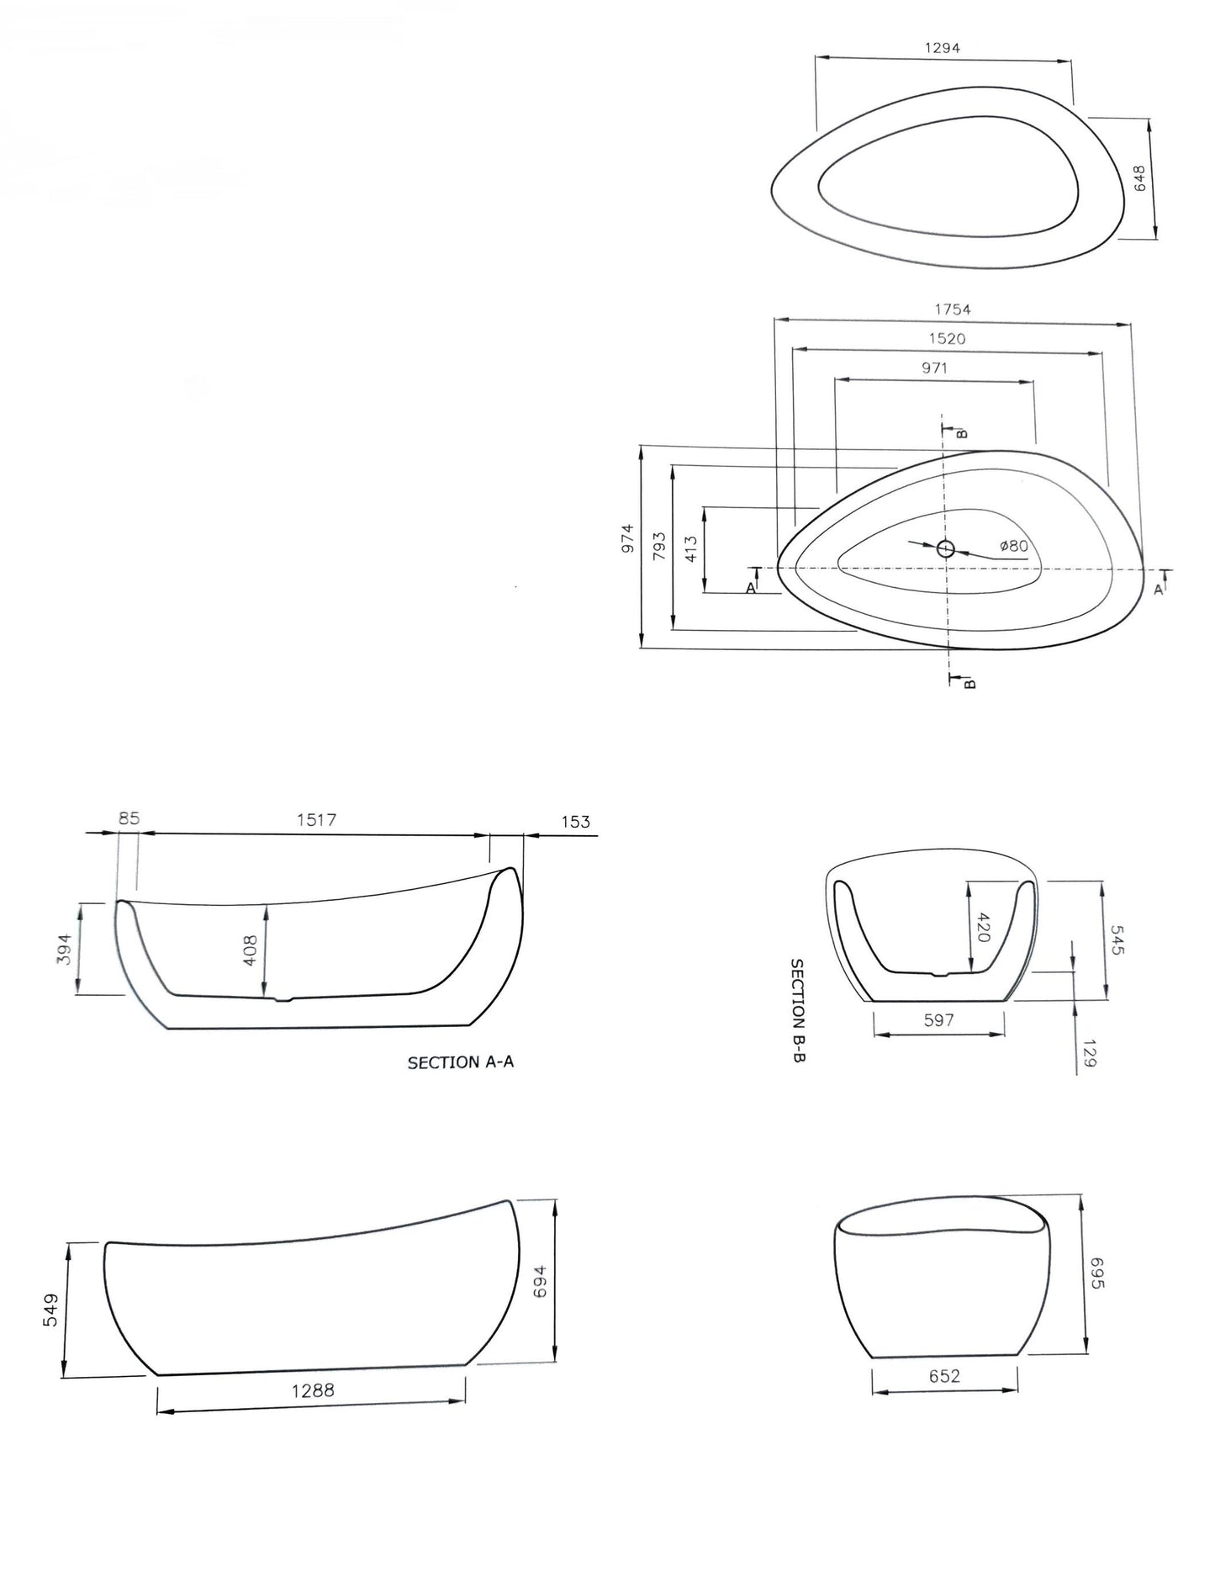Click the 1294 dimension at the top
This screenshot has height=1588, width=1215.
click(x=942, y=48)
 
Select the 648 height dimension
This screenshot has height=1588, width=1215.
click(x=1140, y=178)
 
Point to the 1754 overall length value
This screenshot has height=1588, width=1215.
click(x=952, y=310)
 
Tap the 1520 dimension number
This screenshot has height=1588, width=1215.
click(x=947, y=339)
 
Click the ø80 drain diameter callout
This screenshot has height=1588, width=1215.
click(x=1014, y=546)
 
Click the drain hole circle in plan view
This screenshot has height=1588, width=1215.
click(x=946, y=549)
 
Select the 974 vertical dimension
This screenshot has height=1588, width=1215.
click(x=627, y=538)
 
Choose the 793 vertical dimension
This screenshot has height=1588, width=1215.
click(x=659, y=546)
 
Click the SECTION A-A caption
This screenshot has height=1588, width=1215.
click(x=460, y=1062)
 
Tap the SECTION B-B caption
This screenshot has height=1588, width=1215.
click(x=798, y=1010)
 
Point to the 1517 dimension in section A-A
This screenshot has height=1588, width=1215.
click(x=316, y=819)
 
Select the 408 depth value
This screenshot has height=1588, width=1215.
click(x=250, y=950)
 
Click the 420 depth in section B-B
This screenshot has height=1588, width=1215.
click(x=985, y=927)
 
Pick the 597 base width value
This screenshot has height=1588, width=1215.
click(x=938, y=1020)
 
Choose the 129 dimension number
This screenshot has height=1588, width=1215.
click(x=1090, y=1053)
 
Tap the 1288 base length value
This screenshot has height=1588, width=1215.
click(x=313, y=1390)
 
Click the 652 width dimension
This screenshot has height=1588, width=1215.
click(x=944, y=1376)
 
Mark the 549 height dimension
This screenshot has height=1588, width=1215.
click(x=50, y=1310)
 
